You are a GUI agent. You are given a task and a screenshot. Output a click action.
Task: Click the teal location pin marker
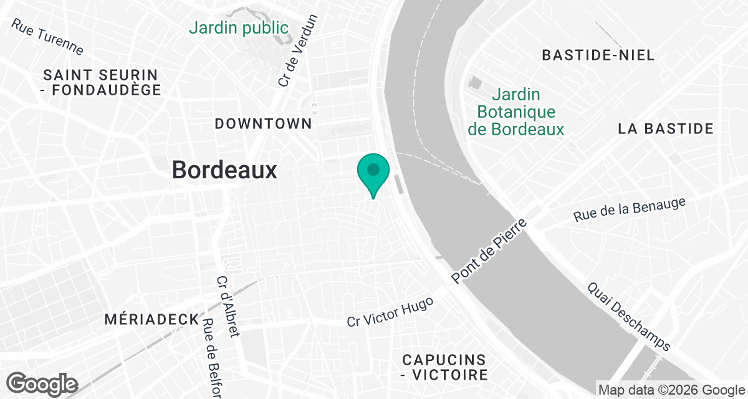tap(373, 171)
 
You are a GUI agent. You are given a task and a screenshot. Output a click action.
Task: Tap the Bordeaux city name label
tap(224, 170)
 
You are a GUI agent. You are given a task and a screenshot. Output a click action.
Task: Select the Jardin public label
tap(239, 28)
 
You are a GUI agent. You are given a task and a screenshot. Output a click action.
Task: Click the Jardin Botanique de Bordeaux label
tap(515, 112)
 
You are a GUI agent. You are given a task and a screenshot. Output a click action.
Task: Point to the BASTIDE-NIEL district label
tap(598, 55)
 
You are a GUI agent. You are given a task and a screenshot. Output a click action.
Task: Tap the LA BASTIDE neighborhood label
tap(666, 129)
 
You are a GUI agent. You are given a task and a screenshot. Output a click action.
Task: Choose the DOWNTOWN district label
tap(263, 123)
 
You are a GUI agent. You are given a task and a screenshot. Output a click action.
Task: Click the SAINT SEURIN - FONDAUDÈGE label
tap(102, 82)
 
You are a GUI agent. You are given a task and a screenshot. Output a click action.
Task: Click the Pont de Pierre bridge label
tap(489, 251)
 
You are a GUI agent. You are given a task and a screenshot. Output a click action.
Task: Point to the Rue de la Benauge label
tap(630, 209)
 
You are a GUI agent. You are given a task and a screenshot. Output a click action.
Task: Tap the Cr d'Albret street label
tap(228, 306)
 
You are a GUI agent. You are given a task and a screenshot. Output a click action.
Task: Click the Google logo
tap(42, 383)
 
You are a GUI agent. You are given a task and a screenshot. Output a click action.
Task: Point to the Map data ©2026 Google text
tap(671, 390)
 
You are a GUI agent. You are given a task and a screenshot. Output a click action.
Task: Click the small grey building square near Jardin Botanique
tap(477, 83)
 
